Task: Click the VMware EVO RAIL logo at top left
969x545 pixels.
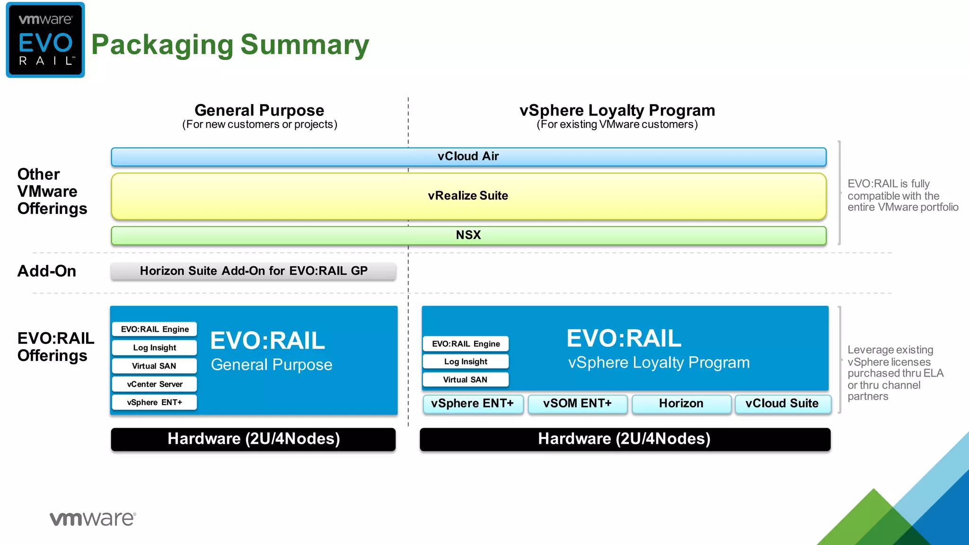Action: tap(45, 40)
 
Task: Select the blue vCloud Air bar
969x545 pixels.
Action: tap(468, 157)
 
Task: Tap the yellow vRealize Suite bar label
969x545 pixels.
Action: tap(468, 196)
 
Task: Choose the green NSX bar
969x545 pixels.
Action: tap(468, 235)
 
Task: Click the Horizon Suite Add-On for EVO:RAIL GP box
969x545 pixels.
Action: tap(254, 271)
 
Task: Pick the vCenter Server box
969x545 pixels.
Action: tap(154, 384)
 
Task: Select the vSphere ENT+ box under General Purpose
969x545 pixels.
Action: tap(154, 403)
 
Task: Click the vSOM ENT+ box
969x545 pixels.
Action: tap(577, 404)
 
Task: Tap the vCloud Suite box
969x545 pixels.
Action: tap(782, 404)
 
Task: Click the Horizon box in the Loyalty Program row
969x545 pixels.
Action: tap(681, 404)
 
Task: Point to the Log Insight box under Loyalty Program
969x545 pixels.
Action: tap(466, 362)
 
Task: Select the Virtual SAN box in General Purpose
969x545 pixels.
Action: tap(154, 366)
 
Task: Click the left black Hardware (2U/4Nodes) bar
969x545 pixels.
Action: tap(254, 439)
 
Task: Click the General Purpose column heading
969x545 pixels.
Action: tap(259, 111)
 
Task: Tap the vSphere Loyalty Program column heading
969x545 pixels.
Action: tap(617, 111)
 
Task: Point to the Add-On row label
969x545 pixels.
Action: tap(47, 271)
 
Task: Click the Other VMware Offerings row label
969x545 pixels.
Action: tap(52, 192)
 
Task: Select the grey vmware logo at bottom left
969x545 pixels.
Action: tap(93, 519)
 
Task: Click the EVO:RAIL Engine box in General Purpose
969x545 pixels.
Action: tap(154, 329)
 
